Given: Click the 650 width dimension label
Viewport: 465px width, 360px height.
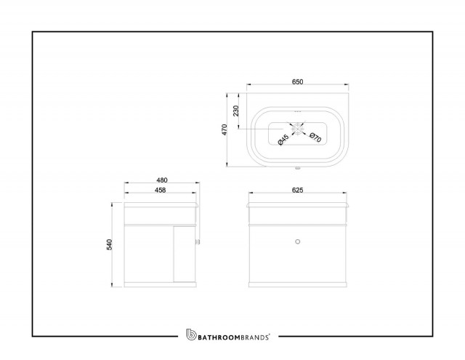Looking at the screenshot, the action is [x=297, y=81].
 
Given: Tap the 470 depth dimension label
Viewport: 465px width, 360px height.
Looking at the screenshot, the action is [x=225, y=129].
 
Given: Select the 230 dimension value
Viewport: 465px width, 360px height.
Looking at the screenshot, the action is [x=235, y=111].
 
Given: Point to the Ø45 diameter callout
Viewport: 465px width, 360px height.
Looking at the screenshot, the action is [x=283, y=140].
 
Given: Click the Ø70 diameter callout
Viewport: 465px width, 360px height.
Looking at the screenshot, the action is [x=315, y=137].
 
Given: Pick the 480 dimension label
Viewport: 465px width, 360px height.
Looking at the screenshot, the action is [x=162, y=180].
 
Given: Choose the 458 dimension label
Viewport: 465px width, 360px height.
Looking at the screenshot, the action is [x=160, y=190].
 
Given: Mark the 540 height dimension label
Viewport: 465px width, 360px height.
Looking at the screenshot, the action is [x=110, y=244].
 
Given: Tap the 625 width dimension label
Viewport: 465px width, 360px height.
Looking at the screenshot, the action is [x=297, y=190].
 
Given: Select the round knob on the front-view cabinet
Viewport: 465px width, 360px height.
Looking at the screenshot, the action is [x=298, y=241].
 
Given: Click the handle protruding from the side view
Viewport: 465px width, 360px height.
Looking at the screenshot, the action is [x=198, y=241].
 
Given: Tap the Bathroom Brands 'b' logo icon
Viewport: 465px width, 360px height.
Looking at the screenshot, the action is [x=191, y=335].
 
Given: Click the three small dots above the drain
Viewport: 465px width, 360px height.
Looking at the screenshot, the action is [x=297, y=111].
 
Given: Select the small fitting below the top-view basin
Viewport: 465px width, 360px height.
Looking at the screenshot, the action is [x=297, y=169].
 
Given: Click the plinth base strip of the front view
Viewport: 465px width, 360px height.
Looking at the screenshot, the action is [x=298, y=284].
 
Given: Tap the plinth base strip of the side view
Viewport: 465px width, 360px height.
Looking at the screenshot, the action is [x=160, y=284].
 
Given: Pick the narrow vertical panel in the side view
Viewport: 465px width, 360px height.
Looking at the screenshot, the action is [x=184, y=254].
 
